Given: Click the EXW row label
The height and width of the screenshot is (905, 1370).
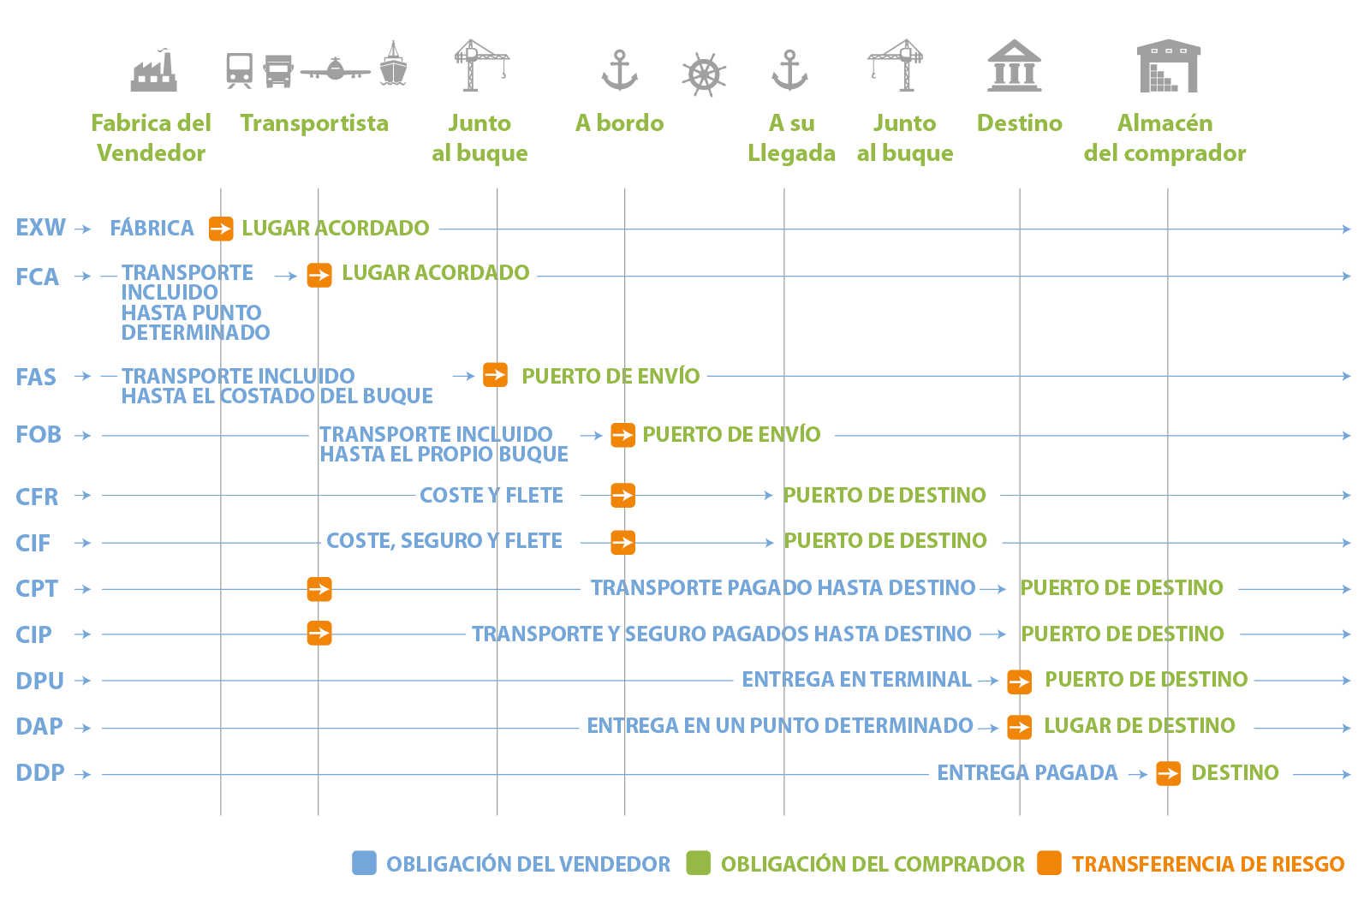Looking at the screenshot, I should coord(40,228).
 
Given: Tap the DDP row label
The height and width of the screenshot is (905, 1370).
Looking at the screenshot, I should coord(40,772).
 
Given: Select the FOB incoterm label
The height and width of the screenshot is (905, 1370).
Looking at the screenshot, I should coord(39,435).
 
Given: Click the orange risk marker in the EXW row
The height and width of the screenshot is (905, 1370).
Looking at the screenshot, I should coord(221,229).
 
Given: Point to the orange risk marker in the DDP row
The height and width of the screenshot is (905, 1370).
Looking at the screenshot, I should coord(1168,773).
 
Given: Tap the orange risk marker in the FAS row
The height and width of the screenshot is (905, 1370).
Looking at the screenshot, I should coord(495,375).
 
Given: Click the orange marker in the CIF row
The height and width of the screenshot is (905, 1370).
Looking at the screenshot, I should coord(622,541).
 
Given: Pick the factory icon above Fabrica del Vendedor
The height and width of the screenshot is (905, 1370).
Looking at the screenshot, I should coord(154,71).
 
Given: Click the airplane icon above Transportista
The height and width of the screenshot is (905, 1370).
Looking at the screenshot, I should coord(336,68).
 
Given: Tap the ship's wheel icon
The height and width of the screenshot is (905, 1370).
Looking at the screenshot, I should coord(704,74).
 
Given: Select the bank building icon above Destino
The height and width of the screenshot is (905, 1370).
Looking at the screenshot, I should coord(1015,66).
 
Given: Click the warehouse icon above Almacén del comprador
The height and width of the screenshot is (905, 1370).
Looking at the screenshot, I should coord(1169,66).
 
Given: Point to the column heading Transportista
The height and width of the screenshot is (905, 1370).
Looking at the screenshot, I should coord(314,123).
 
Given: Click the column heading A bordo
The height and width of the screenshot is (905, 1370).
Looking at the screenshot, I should coord(619,123).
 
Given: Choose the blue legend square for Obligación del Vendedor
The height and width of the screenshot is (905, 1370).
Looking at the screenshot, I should coord(364,863).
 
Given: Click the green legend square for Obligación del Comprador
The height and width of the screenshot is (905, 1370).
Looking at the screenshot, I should coord(698,863).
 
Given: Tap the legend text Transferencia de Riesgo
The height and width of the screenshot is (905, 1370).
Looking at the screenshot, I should coord(1207,864).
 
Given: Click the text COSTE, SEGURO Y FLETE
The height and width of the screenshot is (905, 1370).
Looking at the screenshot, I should coord(444,541).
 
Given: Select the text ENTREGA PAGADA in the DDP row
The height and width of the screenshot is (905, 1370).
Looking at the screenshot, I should coord(1027,773).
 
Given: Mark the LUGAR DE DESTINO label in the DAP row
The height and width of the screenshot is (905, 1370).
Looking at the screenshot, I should coord(1139,726).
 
